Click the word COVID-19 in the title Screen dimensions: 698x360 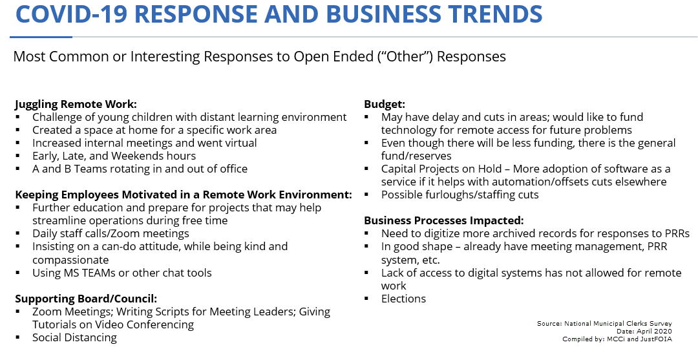click(71, 14)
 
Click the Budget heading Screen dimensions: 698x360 click(385, 105)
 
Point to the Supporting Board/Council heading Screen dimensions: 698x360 click(86, 299)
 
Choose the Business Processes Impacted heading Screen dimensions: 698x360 click(444, 220)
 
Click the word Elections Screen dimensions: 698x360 click(403, 299)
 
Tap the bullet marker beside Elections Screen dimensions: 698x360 click(366, 299)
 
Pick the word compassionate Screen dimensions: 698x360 click(70, 260)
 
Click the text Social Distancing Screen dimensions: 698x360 click(74, 338)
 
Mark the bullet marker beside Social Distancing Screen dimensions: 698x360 click(17, 338)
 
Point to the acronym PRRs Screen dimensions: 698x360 click(677, 233)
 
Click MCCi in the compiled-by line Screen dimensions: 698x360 click(616, 339)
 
